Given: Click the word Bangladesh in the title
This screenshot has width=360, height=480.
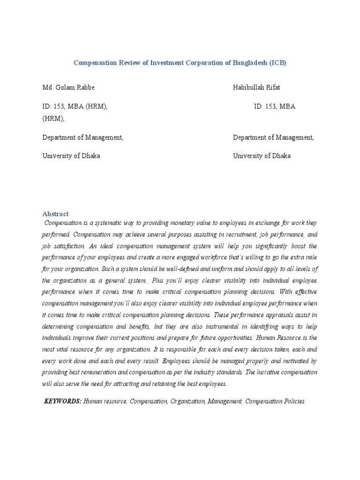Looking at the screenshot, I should tap(247, 63).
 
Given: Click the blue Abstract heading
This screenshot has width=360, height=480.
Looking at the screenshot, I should tap(55, 213).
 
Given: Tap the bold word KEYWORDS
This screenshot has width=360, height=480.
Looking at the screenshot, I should tap(63, 402).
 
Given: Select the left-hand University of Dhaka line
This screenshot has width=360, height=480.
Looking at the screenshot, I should tap(71, 156).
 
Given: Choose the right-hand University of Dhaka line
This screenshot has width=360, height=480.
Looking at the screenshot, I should tap(262, 156).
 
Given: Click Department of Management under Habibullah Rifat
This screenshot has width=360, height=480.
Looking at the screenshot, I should tap(273, 137).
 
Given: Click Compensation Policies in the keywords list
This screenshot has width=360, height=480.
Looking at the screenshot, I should tap(275, 402).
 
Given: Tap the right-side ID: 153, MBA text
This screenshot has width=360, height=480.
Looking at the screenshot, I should tap(275, 106).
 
